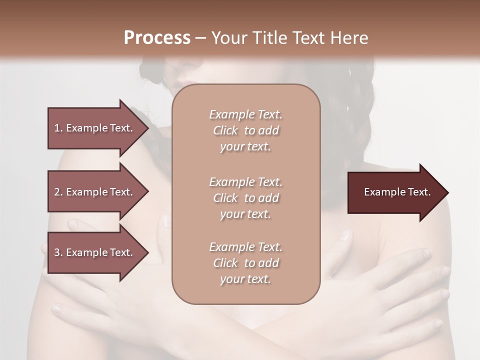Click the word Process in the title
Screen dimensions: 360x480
[157, 38]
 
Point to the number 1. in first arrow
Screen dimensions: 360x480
[58, 128]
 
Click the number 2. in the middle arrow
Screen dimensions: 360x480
[58, 192]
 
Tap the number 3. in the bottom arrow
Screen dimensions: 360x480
[58, 252]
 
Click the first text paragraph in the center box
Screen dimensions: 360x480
[245, 130]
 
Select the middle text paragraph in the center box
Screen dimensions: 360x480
[245, 198]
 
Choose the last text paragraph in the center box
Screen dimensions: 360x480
[245, 263]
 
